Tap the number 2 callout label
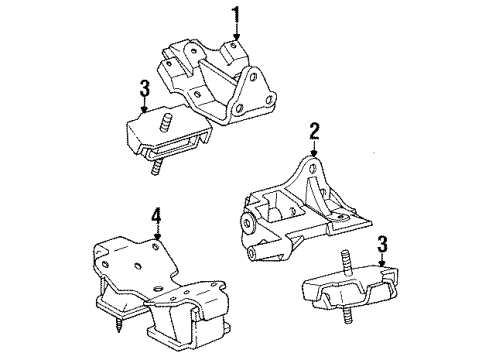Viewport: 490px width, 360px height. coord(315,130)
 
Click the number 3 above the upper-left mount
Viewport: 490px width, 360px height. coord(144,87)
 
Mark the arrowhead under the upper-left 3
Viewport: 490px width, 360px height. coord(144,109)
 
